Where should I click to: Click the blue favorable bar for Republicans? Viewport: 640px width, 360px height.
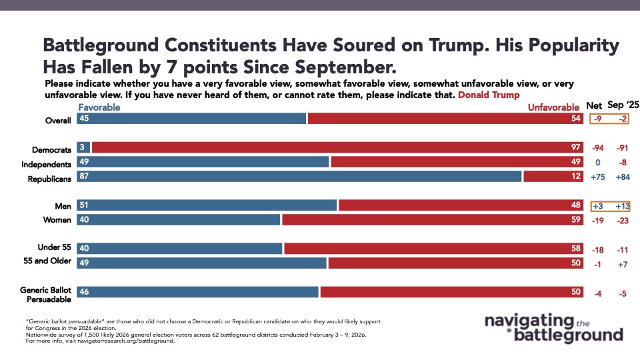tap(300, 177)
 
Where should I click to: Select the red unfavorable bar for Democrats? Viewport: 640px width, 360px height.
tap(337, 147)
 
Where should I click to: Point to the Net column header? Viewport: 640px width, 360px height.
tap(593, 106)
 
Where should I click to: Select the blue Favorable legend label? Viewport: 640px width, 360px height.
tap(99, 107)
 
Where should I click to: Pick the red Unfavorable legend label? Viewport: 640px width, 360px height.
tap(554, 107)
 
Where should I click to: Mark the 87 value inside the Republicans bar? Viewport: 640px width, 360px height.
tap(84, 177)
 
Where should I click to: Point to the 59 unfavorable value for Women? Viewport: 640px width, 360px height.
tap(577, 219)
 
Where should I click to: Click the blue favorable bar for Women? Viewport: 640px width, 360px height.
tap(179, 219)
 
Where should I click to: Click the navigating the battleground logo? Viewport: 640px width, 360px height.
tap(553, 327)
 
